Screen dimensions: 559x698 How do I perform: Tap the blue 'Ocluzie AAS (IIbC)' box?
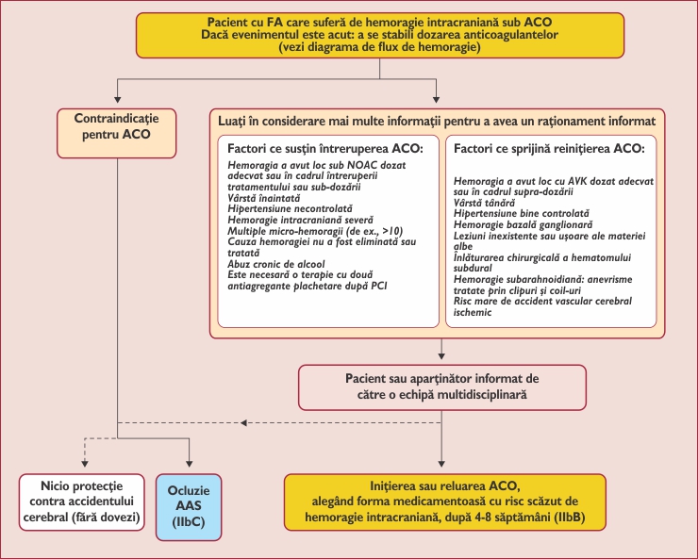click(x=190, y=505)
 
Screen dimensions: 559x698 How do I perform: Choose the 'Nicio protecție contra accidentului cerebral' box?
click(x=81, y=505)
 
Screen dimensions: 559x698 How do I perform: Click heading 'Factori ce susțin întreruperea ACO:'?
click(x=326, y=149)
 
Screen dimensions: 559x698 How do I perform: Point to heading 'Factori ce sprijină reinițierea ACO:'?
click(x=549, y=149)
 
